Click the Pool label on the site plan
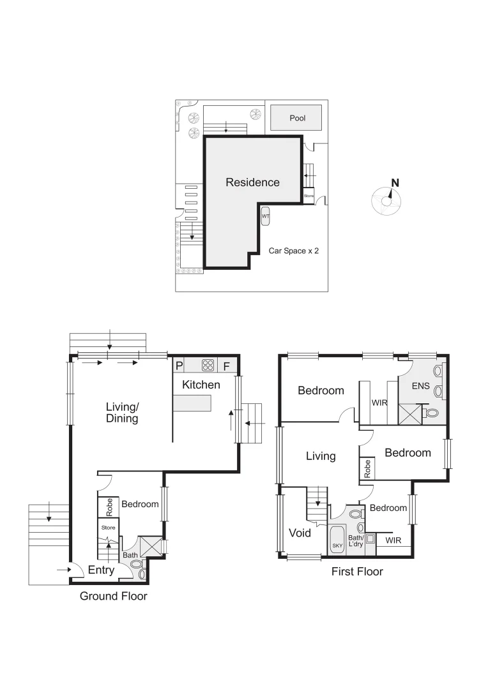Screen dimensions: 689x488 tap(297, 118)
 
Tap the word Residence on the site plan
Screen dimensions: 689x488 tap(252, 182)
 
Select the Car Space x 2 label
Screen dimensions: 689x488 tap(293, 251)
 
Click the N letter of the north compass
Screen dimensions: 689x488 tap(395, 183)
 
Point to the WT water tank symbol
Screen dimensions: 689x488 tap(265, 217)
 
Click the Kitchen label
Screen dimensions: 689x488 tap(201, 385)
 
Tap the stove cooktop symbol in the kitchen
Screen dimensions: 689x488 tap(208, 366)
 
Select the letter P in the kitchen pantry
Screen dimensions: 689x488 tap(179, 366)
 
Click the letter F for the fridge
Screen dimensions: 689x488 tap(226, 366)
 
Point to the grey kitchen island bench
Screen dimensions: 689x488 tap(193, 403)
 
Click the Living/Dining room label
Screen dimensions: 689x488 tap(122, 413)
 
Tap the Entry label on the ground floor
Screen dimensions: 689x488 tap(101, 570)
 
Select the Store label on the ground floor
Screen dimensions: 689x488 tap(108, 528)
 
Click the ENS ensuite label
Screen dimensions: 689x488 tap(421, 386)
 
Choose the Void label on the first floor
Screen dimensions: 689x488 tap(300, 533)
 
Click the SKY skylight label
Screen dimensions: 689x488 tap(337, 546)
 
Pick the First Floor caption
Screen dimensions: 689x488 tap(356, 572)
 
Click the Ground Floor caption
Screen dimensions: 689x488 tap(113, 596)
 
